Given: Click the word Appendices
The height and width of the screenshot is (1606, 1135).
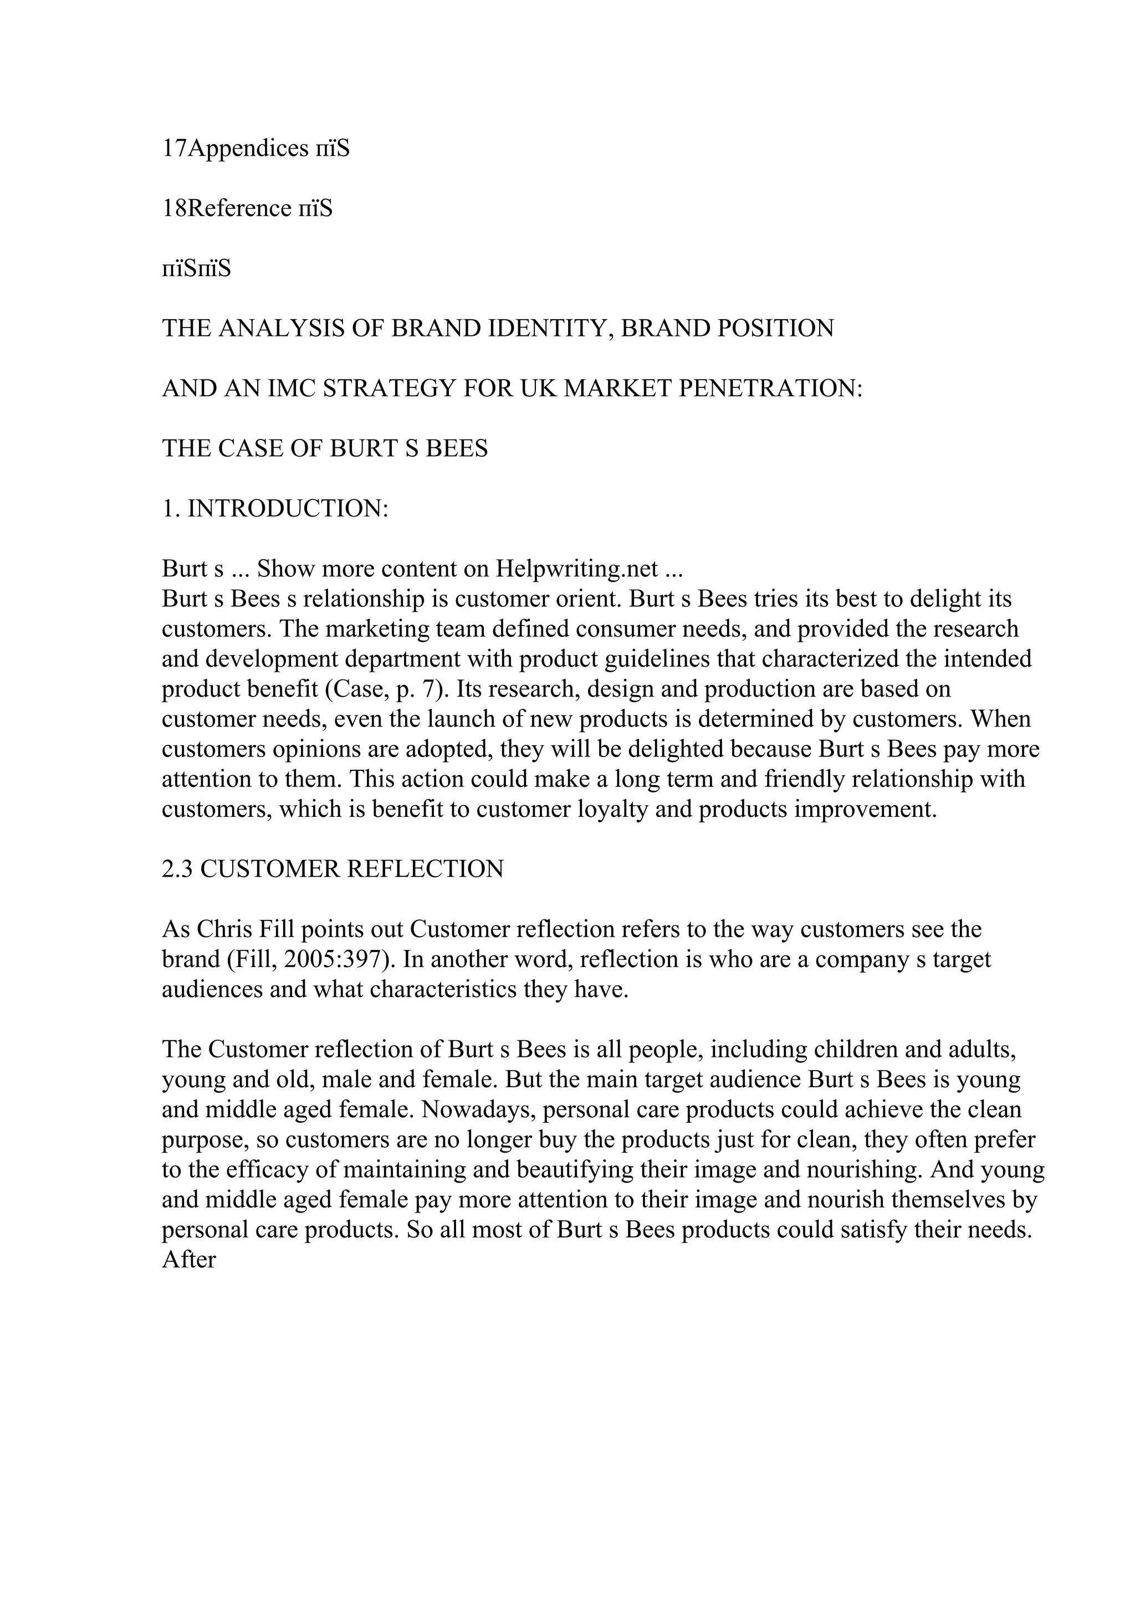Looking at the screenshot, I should pyautogui.click(x=248, y=149).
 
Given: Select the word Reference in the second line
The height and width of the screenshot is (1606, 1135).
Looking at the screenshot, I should pyautogui.click(x=240, y=208).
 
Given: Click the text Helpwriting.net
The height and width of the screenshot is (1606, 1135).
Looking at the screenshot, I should pyautogui.click(x=577, y=569).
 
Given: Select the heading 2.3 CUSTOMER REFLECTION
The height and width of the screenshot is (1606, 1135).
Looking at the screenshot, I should pyautogui.click(x=333, y=870).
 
